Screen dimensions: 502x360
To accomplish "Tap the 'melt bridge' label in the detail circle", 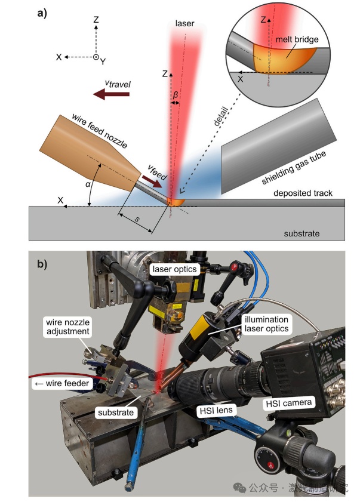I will point(297,40).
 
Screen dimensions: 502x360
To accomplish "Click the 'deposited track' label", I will point(303,193).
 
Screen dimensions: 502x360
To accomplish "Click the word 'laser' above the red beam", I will point(185,23).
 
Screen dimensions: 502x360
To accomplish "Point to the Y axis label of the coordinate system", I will point(104,61).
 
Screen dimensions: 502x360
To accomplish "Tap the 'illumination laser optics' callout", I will point(265,324).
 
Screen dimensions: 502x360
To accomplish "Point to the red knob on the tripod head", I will point(271,465).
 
